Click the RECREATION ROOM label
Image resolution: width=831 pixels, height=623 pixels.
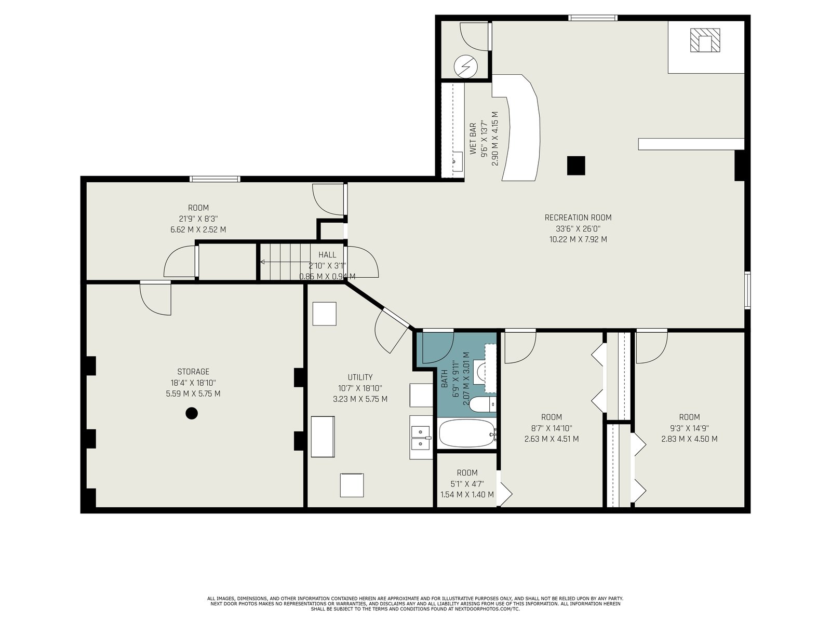(578, 218)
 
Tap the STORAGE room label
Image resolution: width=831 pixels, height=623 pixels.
(193, 371)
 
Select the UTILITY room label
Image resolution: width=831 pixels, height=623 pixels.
(360, 377)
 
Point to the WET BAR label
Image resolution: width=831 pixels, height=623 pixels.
(473, 139)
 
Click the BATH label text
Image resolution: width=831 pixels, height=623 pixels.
(445, 378)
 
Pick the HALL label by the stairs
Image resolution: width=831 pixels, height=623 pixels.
(327, 254)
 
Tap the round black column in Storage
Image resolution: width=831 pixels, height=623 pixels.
(192, 413)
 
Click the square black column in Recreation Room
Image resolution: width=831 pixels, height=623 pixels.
(576, 166)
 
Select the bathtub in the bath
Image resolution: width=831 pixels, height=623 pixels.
(467, 433)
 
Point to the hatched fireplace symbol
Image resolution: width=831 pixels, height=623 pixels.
(705, 40)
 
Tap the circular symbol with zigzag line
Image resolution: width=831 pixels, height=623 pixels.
(466, 66)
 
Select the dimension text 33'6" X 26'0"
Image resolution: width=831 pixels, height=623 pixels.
(578, 228)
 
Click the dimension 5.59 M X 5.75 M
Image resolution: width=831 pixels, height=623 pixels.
(193, 394)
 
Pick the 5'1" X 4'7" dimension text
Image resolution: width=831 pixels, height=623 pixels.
(467, 483)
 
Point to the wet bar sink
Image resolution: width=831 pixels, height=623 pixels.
(458, 161)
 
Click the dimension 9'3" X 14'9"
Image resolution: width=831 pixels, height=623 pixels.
(689, 428)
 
